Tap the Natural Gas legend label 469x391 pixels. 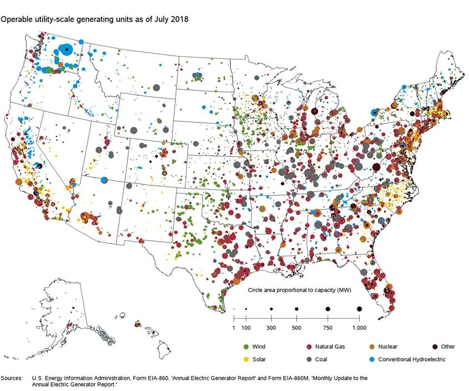(331, 346)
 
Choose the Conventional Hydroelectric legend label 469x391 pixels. (412, 359)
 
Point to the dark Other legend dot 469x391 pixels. (435, 346)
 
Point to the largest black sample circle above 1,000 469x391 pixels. (359, 309)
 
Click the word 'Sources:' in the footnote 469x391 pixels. (12, 378)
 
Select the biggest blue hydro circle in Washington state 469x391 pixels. (65, 50)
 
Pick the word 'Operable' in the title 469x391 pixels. (14, 19)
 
